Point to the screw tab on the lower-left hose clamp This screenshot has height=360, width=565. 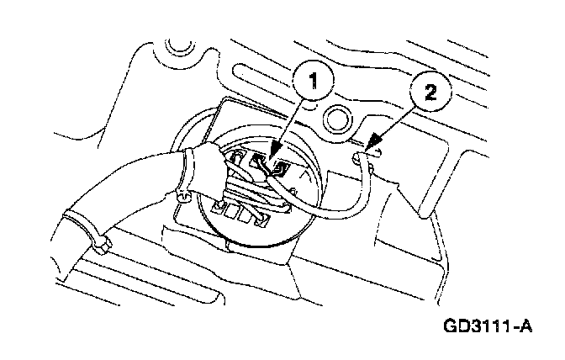(x=102, y=245)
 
